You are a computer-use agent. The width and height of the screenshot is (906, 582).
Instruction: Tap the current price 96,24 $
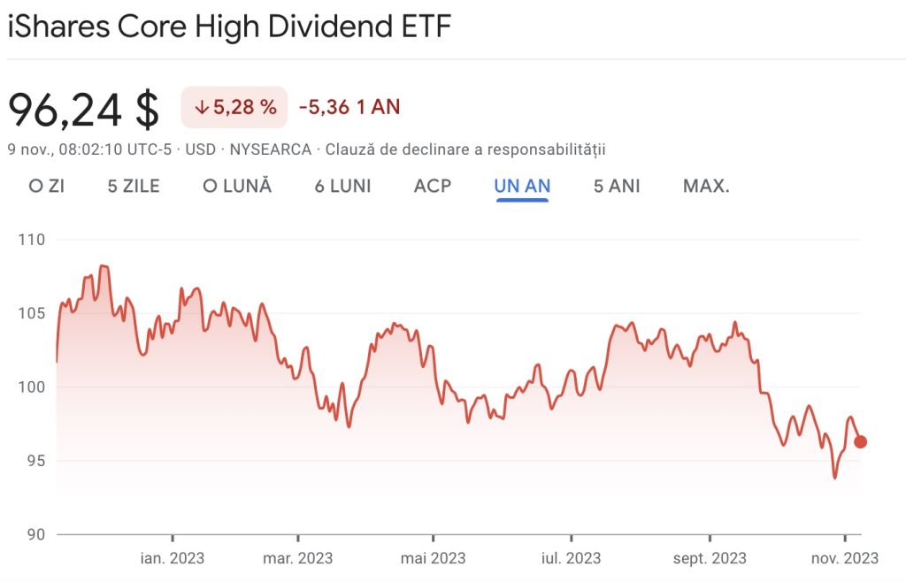pos(83,108)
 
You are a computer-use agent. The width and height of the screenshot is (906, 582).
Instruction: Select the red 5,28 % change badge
pos(234,108)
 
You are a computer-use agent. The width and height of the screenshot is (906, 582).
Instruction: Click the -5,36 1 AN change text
pos(349,108)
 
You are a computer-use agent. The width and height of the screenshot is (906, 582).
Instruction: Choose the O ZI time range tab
pos(46,186)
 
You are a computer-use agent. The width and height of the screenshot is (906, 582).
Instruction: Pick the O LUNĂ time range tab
pos(236,186)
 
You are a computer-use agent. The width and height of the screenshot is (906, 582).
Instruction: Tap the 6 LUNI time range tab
pos(342,186)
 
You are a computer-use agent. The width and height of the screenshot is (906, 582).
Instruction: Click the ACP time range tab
pos(432,186)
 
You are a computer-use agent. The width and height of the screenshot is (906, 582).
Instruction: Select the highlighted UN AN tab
pos(523,186)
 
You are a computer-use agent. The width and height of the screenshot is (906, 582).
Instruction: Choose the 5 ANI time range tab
pos(617,186)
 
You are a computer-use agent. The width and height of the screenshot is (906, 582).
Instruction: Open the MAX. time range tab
pos(706,186)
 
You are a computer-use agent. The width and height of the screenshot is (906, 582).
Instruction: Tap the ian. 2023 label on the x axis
pos(173,558)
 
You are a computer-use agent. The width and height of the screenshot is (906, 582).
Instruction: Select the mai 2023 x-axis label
pos(434,558)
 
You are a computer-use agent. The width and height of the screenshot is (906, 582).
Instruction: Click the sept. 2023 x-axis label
pos(710,558)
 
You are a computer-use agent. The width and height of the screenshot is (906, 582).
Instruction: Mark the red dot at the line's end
pos(860,441)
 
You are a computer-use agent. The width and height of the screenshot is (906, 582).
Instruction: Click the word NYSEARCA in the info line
pos(270,149)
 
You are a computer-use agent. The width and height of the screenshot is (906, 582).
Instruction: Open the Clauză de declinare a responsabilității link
pos(465,149)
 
